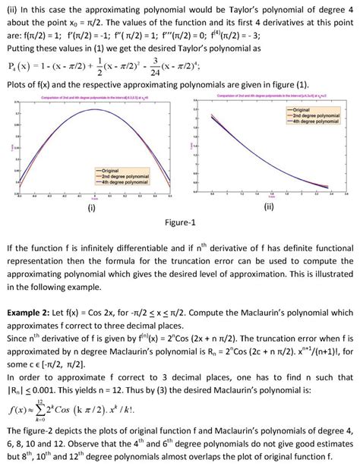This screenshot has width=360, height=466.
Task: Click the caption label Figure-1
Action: [x=180, y=223]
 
